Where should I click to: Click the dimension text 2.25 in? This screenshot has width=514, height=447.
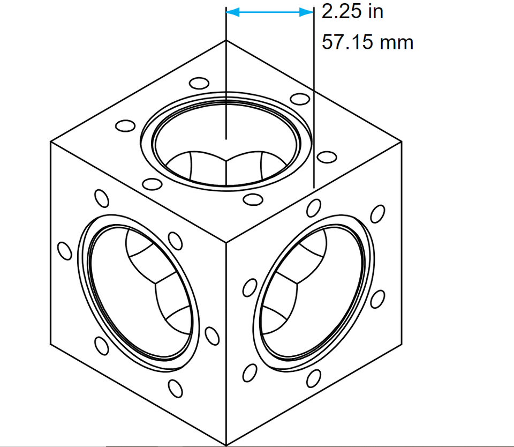[352, 12]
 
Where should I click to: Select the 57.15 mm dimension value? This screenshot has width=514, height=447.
[367, 42]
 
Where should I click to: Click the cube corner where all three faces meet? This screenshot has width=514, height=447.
[226, 242]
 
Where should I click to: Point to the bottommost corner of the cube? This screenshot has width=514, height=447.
[226, 444]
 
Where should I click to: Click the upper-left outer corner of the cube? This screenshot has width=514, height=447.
[50, 141]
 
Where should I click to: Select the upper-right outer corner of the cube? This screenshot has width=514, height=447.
[402, 141]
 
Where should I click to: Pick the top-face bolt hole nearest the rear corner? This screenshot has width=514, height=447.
[199, 84]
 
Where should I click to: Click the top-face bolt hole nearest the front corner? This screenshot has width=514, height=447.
[251, 199]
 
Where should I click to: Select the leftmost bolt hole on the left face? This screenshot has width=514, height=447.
[64, 251]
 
